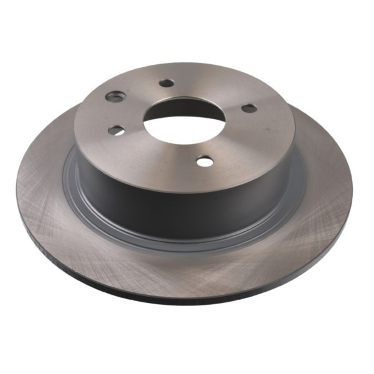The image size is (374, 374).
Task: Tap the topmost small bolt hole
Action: (x=166, y=83)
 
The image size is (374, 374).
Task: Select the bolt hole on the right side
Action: (x=249, y=108)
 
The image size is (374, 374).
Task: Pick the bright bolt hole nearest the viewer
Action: (x=204, y=161)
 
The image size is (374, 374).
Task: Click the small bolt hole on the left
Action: (x=116, y=130)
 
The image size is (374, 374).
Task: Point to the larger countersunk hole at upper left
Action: (x=115, y=97)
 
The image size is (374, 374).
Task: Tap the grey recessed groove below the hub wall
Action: (x=187, y=244)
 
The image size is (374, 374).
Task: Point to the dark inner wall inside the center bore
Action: (x=178, y=110)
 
